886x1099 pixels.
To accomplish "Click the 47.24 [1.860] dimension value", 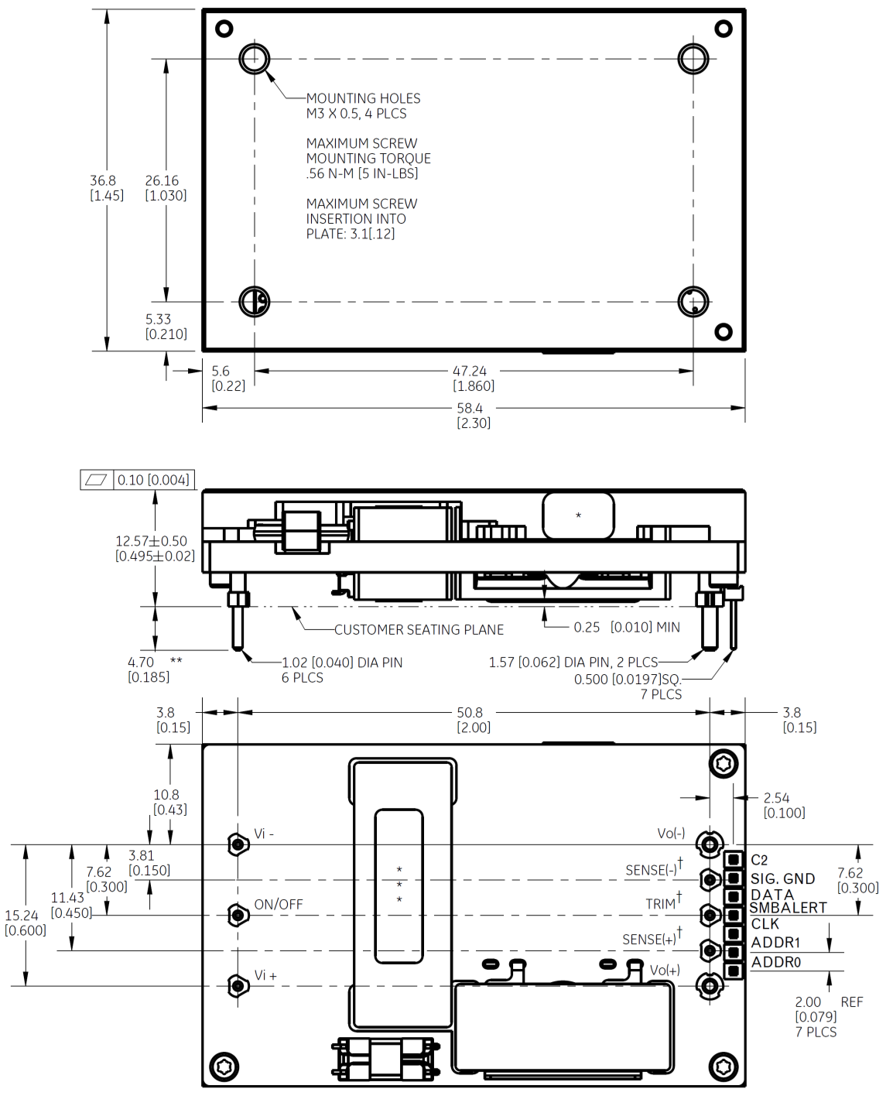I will click(x=473, y=378).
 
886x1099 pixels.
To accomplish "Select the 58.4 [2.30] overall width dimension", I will click(x=473, y=416).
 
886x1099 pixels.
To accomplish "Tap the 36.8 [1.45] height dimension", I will click(x=106, y=188).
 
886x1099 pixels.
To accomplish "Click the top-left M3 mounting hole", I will click(x=254, y=59).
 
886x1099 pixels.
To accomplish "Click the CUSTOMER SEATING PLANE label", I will click(x=419, y=630).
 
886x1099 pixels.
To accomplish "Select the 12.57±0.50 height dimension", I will click(x=154, y=549).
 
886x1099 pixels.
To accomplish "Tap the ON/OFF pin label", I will click(x=278, y=905).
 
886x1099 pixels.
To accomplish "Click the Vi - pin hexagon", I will click(x=238, y=844).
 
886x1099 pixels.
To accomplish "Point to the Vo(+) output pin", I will click(x=710, y=985).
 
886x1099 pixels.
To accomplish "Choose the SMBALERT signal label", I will click(x=788, y=908).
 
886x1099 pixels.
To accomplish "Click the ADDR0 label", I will click(x=775, y=962).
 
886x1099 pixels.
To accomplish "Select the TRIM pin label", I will click(x=662, y=904).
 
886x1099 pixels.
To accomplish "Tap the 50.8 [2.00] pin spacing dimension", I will click(x=473, y=720).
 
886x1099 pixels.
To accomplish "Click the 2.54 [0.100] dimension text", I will click(x=784, y=805).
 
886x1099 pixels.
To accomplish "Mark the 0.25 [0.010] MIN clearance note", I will click(x=626, y=627).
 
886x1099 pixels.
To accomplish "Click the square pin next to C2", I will click(x=733, y=860).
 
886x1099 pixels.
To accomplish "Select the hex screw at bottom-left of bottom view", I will click(x=224, y=1066).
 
